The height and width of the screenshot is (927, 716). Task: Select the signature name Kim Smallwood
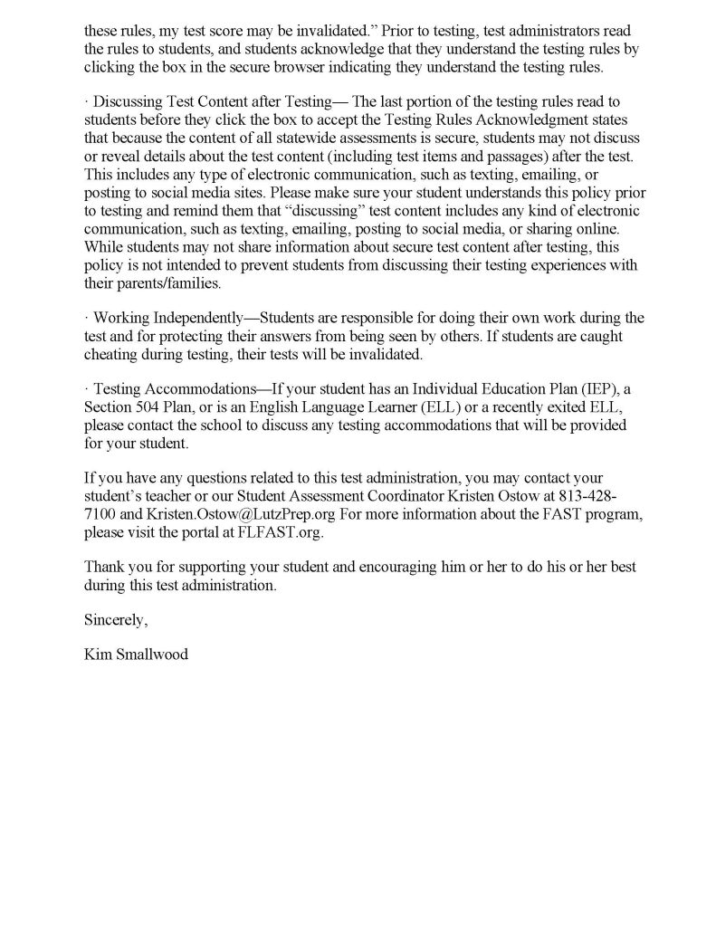click(x=137, y=654)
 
